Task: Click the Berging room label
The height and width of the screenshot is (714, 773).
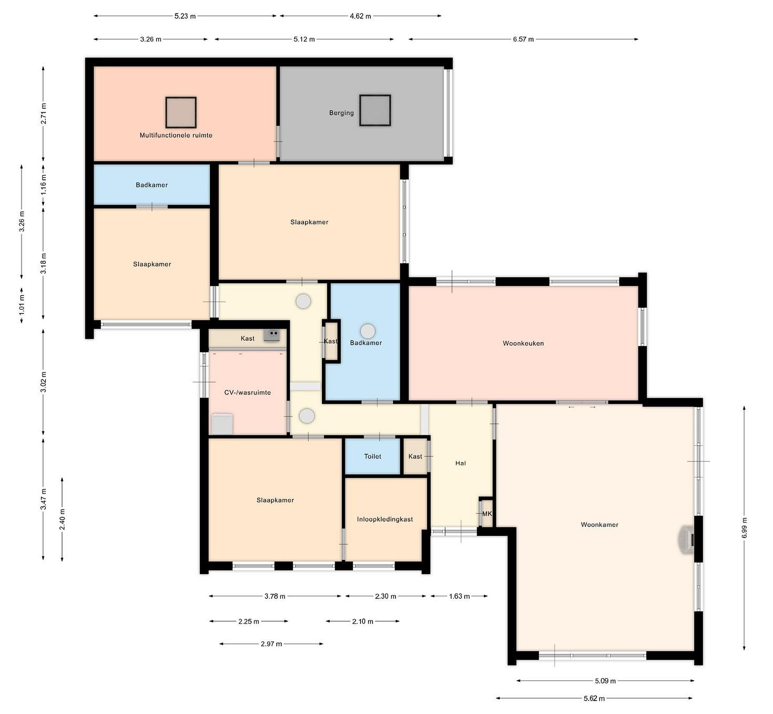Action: click(x=341, y=113)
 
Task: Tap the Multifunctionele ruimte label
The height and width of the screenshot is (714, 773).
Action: click(x=176, y=135)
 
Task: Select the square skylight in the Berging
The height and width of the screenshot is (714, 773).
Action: click(x=375, y=111)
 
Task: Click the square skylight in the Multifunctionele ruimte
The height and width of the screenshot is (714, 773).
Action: click(x=181, y=112)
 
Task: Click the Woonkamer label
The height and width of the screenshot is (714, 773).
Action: click(x=599, y=525)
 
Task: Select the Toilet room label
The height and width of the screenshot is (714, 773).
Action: click(x=372, y=456)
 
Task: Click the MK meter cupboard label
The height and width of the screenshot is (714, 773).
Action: click(x=487, y=514)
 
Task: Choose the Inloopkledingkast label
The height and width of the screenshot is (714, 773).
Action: click(x=385, y=519)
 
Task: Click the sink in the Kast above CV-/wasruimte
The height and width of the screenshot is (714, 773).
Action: click(x=272, y=335)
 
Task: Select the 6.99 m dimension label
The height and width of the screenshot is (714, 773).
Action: click(x=744, y=527)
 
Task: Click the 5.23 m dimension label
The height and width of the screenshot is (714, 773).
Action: click(x=185, y=16)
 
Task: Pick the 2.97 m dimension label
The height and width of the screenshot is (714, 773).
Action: click(x=271, y=644)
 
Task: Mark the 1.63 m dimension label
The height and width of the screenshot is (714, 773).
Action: click(x=459, y=596)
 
